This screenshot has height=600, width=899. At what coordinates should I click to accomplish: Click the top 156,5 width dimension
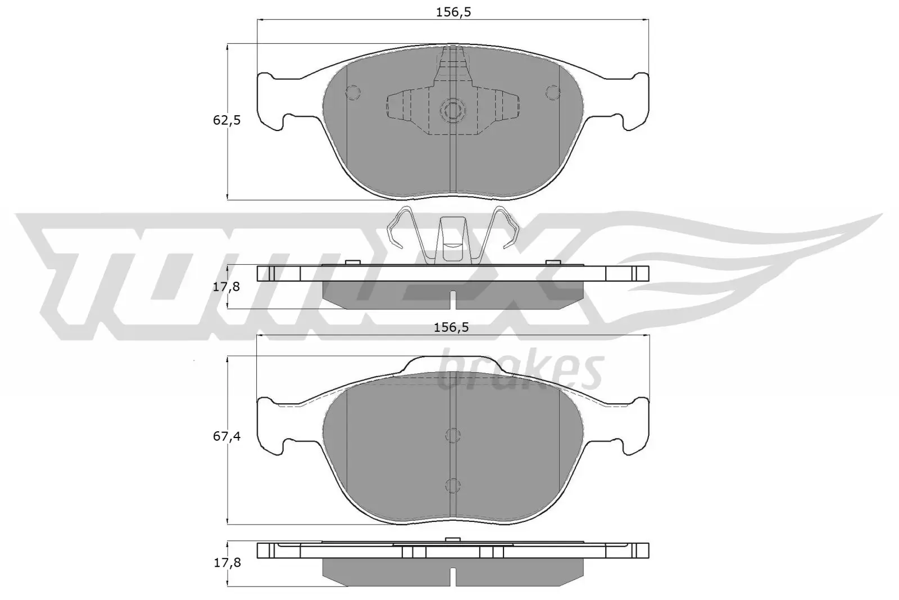pos(452,12)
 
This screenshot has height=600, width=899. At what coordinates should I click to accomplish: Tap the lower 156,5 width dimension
pos(452,328)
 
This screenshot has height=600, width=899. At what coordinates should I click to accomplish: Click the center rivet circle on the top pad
pos(452,110)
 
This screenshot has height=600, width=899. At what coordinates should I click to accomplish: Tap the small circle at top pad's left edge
pos(353,92)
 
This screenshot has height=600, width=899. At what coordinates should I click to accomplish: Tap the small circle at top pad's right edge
pos(553,92)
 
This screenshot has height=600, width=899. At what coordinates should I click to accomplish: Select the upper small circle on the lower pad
pos(452,434)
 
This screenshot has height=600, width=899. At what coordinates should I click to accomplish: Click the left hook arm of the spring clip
pos(400,228)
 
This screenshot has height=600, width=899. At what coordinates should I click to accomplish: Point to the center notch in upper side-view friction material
pos(452,302)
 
